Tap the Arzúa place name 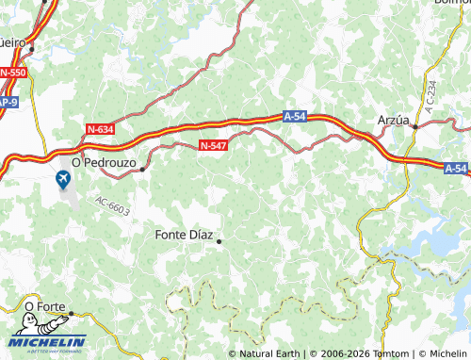click(x=393, y=121)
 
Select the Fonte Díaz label click(x=184, y=235)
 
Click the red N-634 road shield click(x=99, y=128)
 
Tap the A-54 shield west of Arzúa click(x=296, y=116)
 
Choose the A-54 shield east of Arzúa click(x=456, y=168)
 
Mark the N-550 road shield click(x=13, y=73)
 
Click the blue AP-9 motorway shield click(x=8, y=101)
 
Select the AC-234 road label click(x=430, y=98)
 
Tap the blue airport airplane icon click(x=64, y=179)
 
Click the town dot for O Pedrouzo click(x=142, y=170)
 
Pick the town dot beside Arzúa click(x=414, y=126)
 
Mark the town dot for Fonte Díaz click(x=219, y=242)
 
